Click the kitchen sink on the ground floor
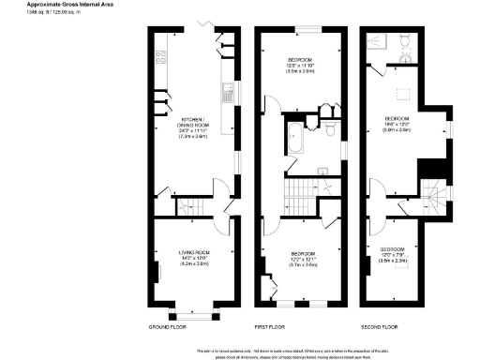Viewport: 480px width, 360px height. click(x=227, y=93)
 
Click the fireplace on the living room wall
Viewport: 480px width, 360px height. click(x=157, y=272)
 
